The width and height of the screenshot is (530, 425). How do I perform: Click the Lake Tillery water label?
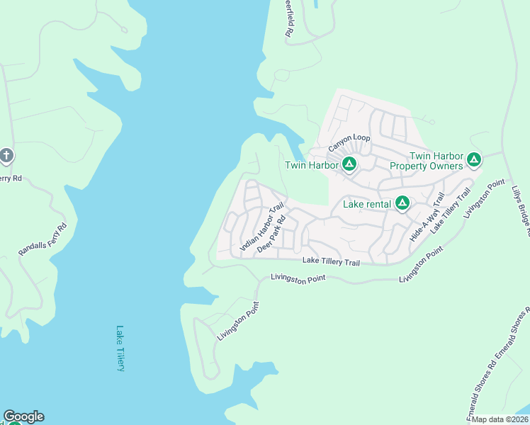tap(121, 348)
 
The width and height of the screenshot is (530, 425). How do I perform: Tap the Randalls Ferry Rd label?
tap(42, 239)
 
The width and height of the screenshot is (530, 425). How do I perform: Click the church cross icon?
tap(6, 156)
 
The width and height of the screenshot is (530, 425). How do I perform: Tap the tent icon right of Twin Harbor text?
tap(349, 165)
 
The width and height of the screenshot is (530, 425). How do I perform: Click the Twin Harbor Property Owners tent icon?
tap(474, 161)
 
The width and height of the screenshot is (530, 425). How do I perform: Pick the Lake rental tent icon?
tap(402, 204)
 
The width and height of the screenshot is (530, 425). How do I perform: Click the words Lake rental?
tap(367, 204)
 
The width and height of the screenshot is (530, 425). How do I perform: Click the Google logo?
tap(23, 416)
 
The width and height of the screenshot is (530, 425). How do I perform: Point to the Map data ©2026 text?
tap(500, 419)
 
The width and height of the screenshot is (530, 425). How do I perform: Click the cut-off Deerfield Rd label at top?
tap(289, 20)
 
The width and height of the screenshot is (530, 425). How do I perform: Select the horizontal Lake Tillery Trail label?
tap(331, 262)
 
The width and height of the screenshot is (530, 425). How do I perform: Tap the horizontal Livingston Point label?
tap(298, 279)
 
